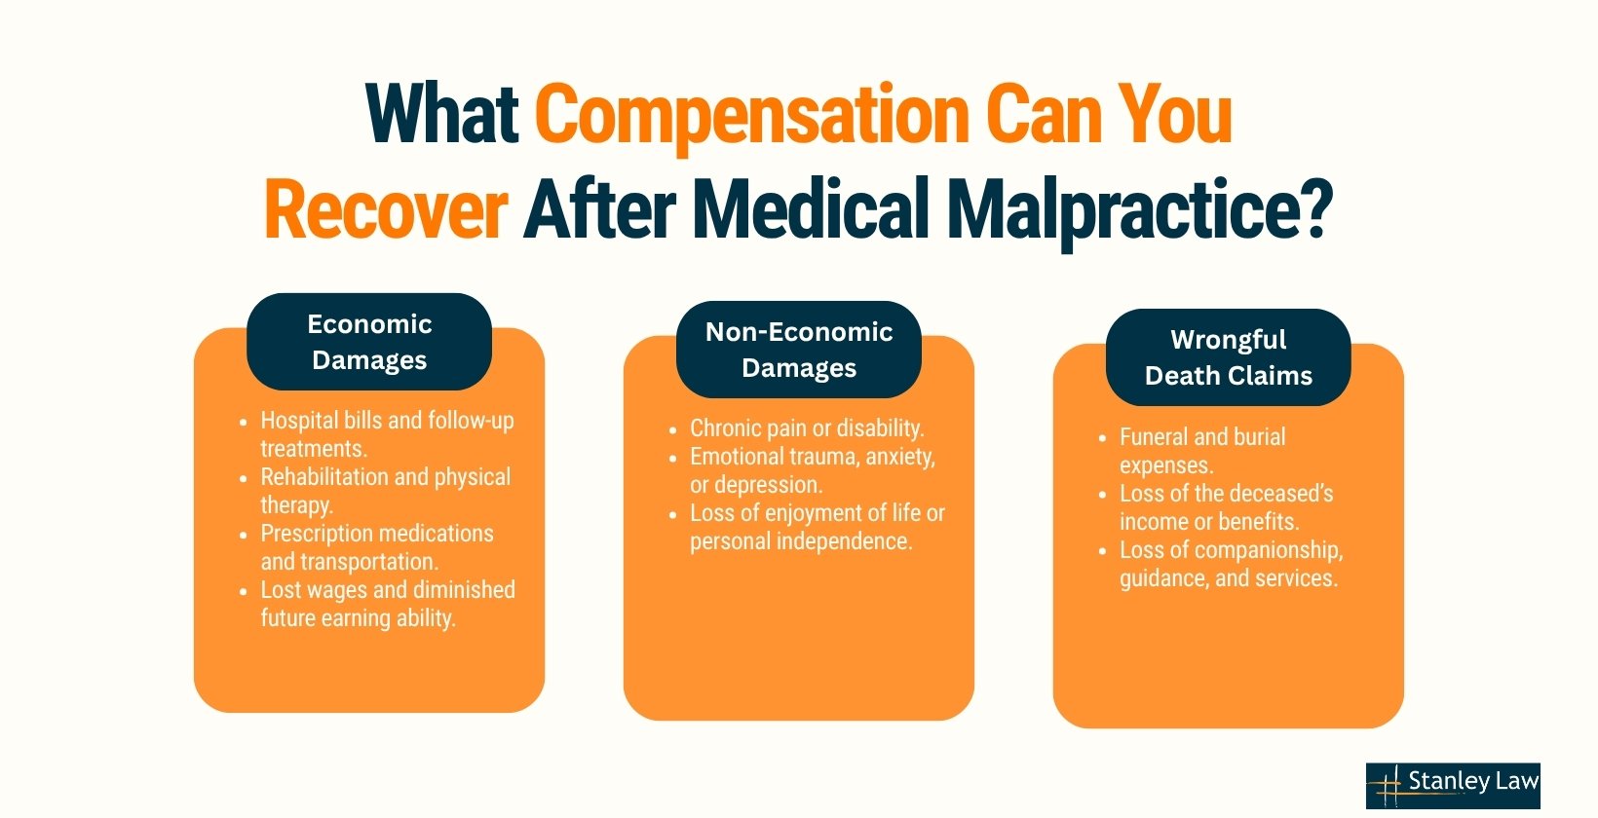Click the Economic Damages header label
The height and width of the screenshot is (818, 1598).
click(369, 342)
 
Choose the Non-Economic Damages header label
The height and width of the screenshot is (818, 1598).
click(799, 350)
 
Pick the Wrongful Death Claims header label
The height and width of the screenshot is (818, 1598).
click(1228, 357)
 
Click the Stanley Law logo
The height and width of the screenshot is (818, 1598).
click(1452, 785)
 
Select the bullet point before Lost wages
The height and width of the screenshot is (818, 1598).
click(244, 591)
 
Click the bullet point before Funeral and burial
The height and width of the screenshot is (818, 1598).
click(1102, 438)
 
